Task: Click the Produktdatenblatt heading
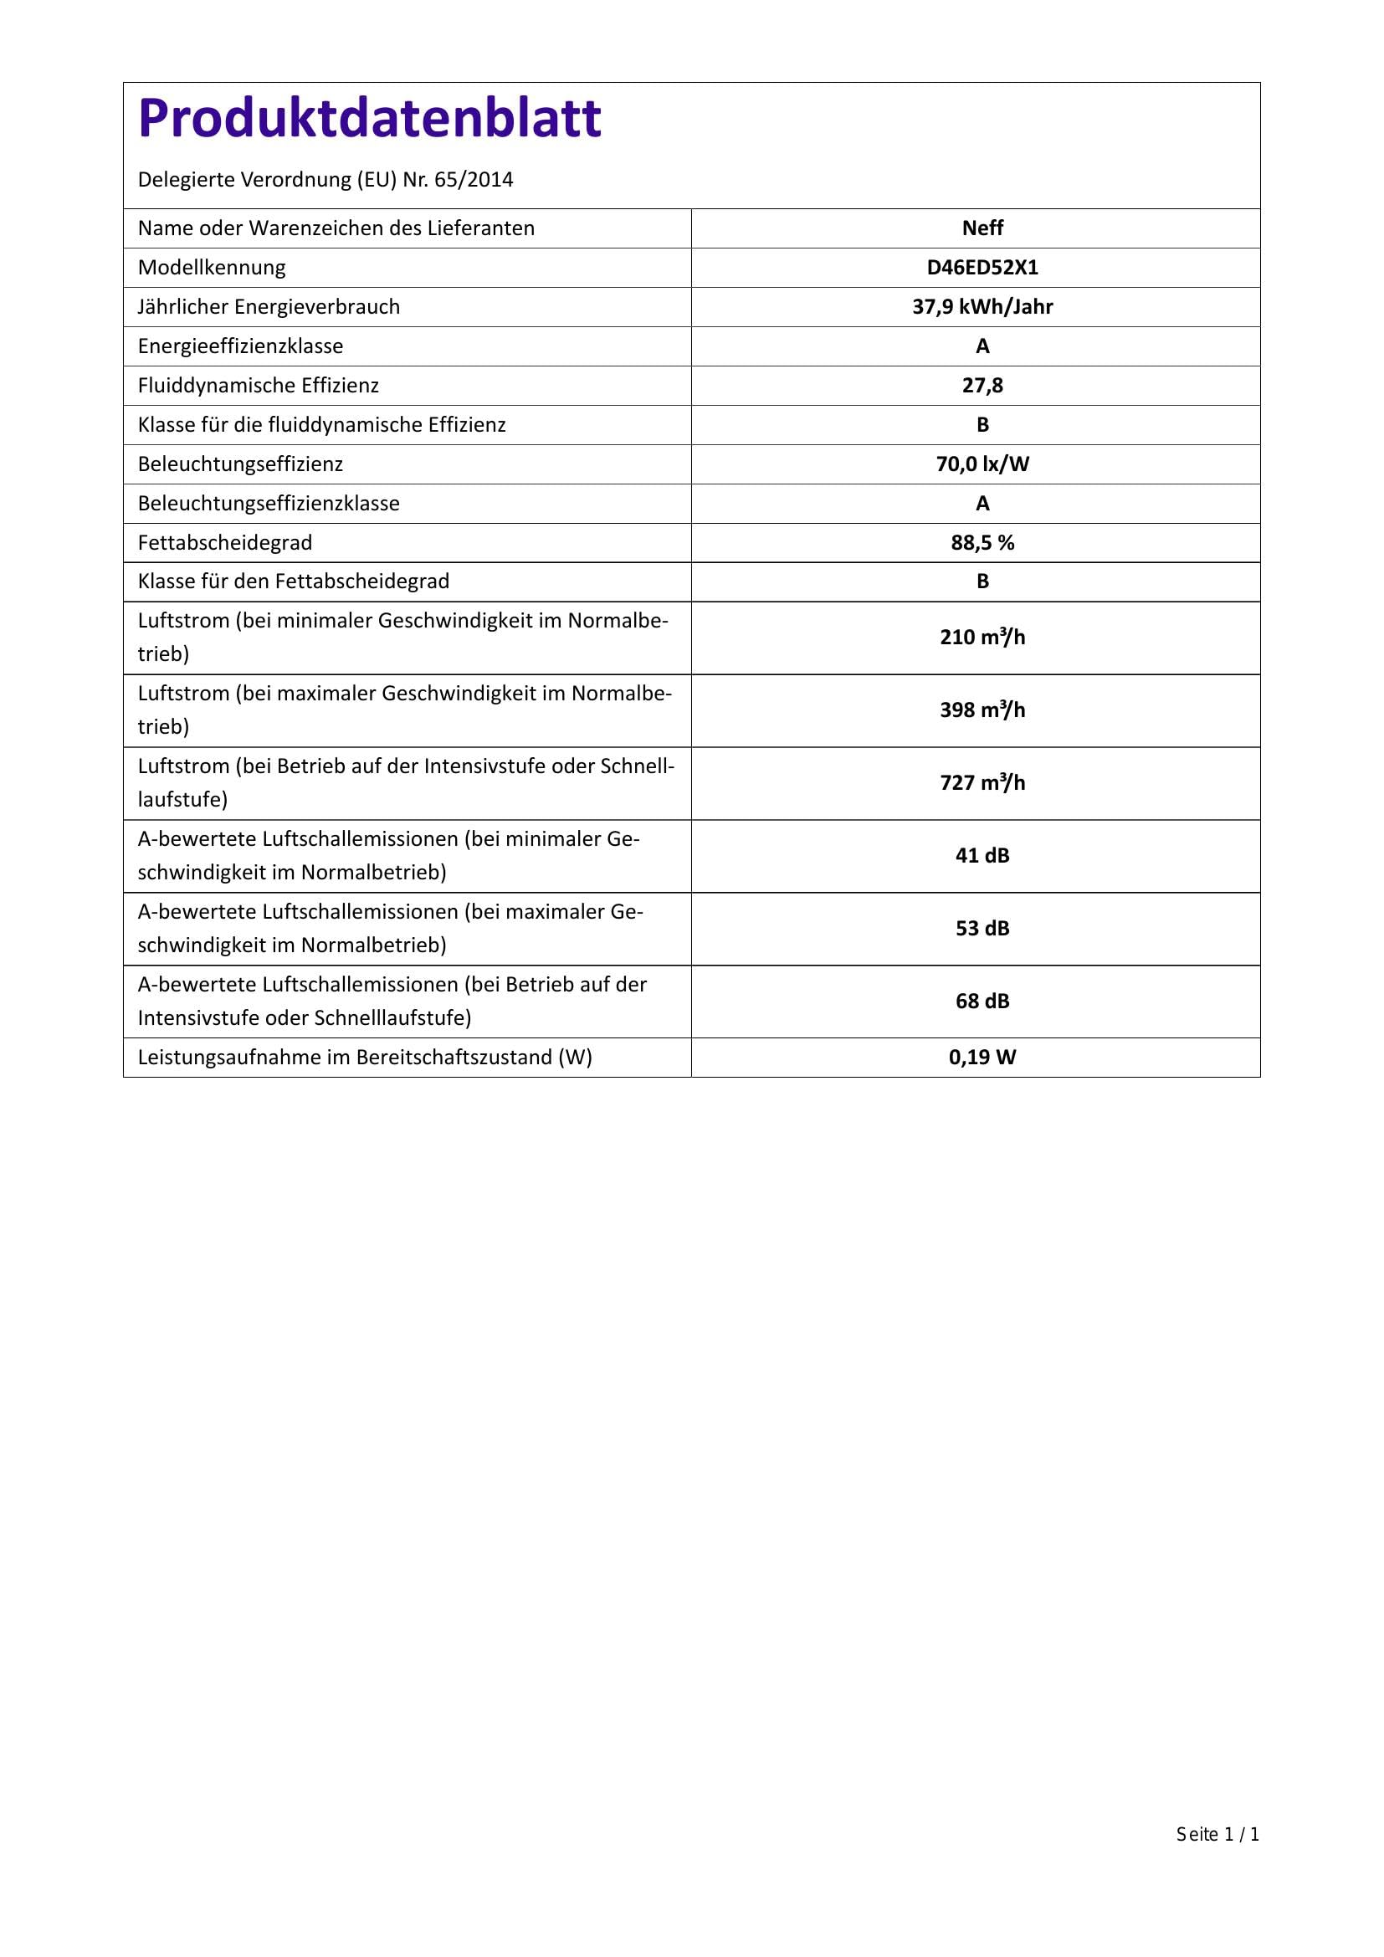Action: click(369, 118)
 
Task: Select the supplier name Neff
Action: click(982, 228)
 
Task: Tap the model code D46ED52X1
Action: click(982, 268)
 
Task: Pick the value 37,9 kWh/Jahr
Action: click(982, 307)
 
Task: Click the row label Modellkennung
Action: click(212, 268)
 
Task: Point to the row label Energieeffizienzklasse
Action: click(240, 346)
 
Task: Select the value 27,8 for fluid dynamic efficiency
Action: click(982, 385)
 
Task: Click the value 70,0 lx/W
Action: click(982, 464)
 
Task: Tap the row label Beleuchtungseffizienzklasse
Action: click(269, 504)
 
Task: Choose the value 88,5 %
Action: click(982, 543)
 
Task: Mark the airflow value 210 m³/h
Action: click(982, 638)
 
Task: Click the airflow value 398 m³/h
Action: click(982, 710)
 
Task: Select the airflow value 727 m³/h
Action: click(982, 782)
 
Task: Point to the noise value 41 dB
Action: click(982, 856)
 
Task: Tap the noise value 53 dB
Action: click(982, 928)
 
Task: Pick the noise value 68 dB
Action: click(982, 1002)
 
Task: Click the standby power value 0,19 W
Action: click(982, 1058)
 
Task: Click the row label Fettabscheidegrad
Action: click(225, 543)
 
